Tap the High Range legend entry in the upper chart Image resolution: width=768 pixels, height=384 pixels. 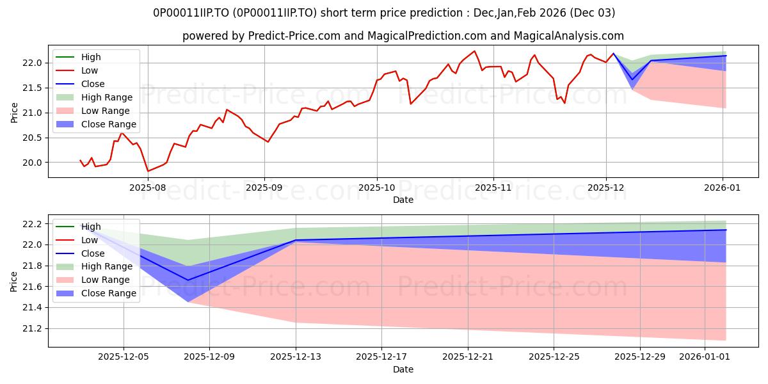[x=107, y=97]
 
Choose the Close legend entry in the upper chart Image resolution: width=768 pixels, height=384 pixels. [x=93, y=84]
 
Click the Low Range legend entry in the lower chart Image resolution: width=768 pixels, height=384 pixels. [x=106, y=280]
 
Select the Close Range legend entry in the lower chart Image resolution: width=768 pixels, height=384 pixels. [x=108, y=293]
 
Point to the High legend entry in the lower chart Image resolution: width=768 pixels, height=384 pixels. [x=91, y=227]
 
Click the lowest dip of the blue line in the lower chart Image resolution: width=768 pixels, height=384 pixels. [x=188, y=280]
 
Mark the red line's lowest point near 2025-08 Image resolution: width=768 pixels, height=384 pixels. [x=148, y=171]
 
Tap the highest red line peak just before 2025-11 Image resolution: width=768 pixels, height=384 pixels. [x=474, y=51]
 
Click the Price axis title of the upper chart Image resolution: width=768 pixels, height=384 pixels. [x=14, y=113]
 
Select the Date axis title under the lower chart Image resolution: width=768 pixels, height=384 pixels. [x=403, y=369]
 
